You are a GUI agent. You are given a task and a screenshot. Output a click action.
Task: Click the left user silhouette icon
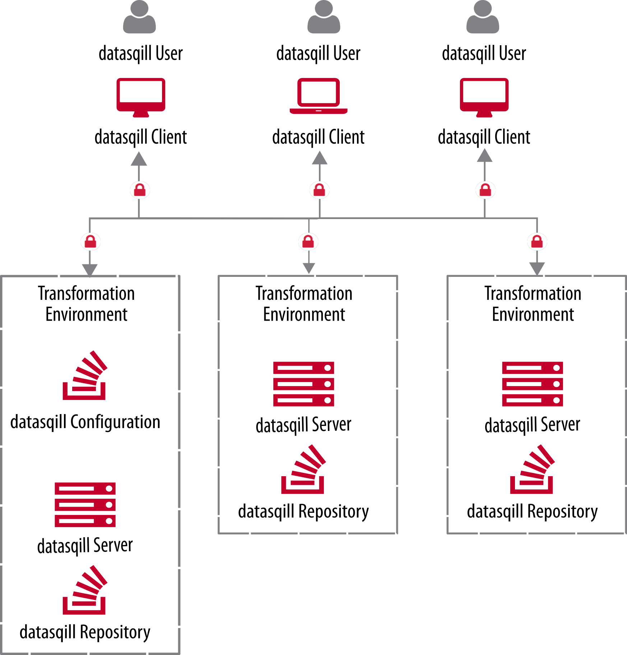(139, 17)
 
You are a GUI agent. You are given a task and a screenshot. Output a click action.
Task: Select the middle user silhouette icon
(324, 17)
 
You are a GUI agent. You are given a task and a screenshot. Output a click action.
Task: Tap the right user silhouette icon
(483, 17)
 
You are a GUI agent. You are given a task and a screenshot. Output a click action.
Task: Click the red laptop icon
(319, 96)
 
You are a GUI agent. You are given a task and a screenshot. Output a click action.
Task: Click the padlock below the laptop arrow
(319, 190)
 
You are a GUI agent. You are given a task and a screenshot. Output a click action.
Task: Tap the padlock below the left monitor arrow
(140, 190)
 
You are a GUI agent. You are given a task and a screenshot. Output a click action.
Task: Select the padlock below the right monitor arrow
(486, 190)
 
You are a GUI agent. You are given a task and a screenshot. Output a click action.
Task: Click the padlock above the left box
(90, 242)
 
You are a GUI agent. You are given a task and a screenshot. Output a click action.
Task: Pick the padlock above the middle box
(308, 241)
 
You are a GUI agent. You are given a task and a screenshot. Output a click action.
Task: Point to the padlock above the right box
(537, 241)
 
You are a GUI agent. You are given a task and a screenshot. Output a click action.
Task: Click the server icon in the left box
(85, 505)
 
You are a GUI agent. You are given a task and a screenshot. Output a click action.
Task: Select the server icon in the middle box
(304, 384)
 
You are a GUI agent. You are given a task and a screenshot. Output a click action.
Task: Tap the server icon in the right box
(532, 384)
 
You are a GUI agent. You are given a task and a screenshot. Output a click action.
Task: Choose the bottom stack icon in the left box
(85, 590)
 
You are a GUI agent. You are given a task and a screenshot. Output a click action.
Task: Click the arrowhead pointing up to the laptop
(320, 158)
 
